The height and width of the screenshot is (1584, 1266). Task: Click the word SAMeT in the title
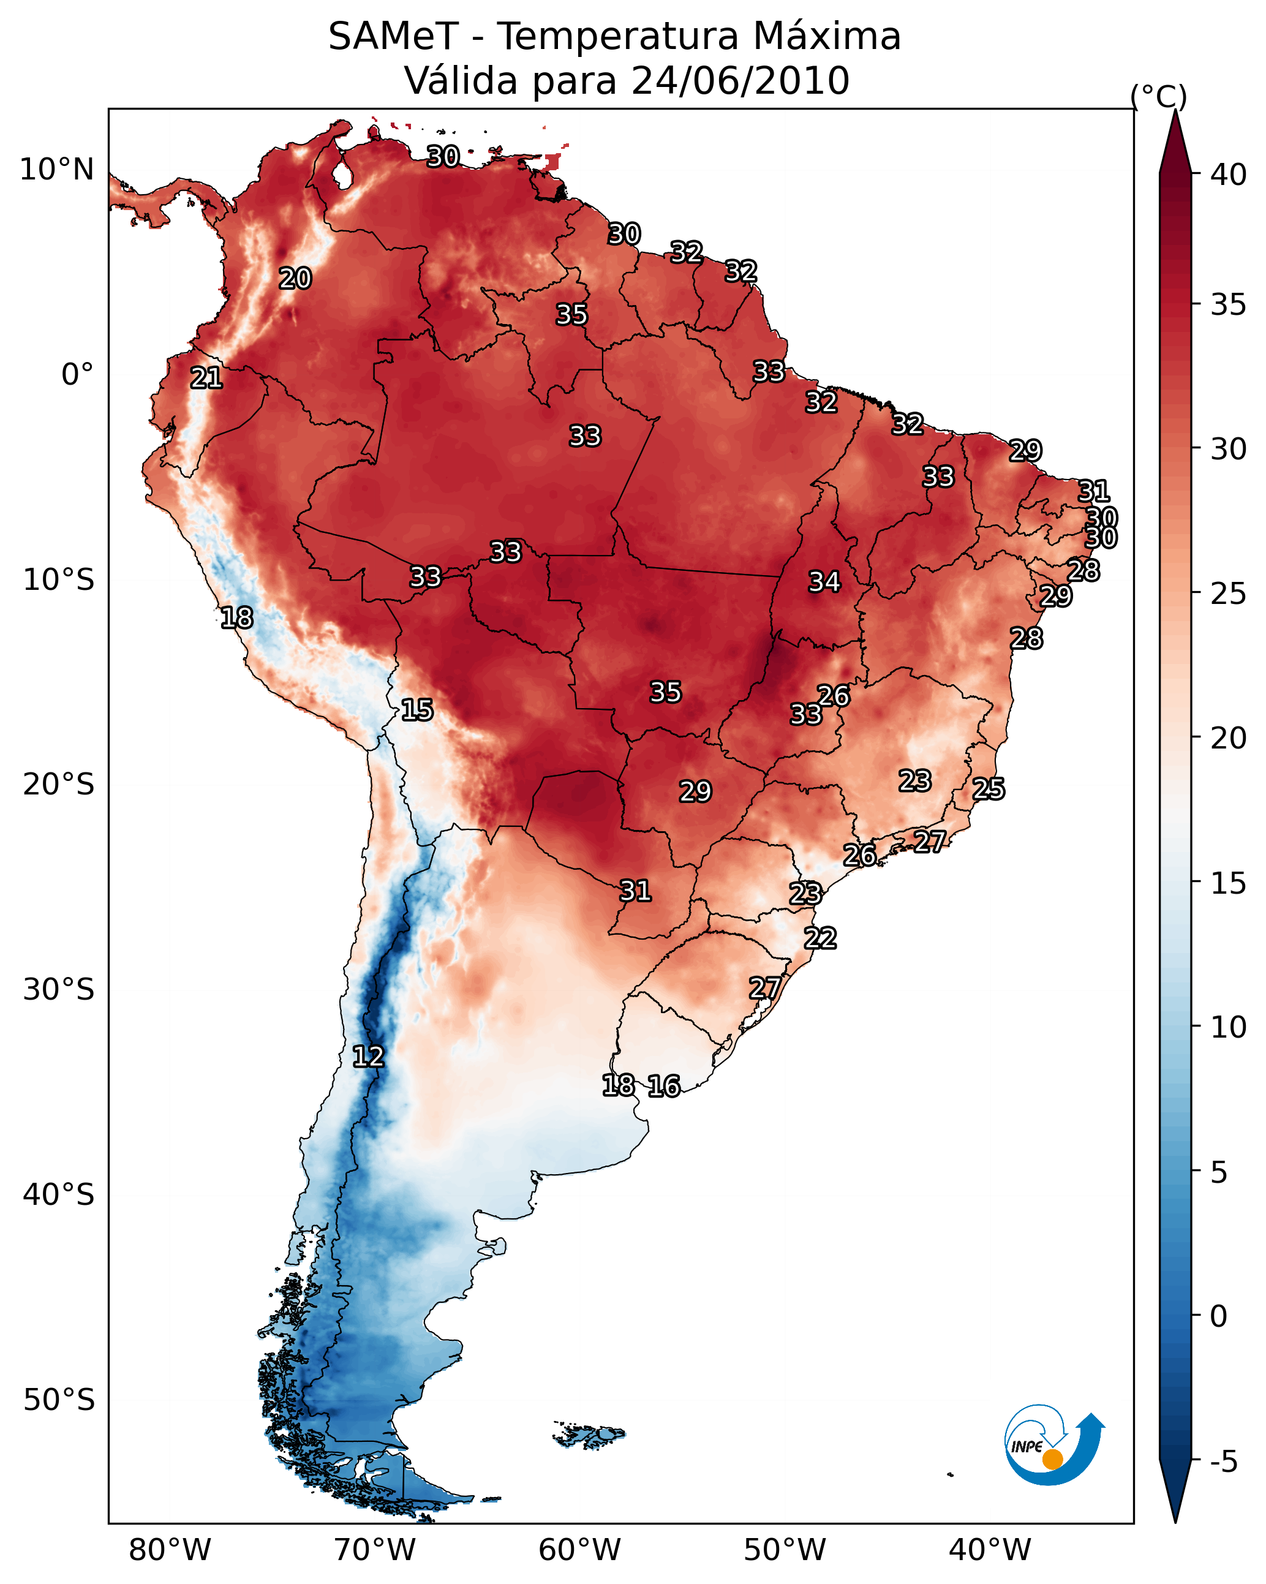(393, 37)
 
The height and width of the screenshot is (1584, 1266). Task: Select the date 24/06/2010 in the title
(740, 81)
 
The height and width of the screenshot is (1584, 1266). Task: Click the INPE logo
(1053, 1448)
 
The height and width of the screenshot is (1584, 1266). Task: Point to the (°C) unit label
(1158, 96)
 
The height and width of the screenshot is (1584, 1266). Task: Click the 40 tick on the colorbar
(1228, 175)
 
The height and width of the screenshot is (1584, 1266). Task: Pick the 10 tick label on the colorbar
(1228, 1028)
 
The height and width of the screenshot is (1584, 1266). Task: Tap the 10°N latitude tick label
(56, 170)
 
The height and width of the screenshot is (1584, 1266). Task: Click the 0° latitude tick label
(77, 375)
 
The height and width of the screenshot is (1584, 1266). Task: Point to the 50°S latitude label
(58, 1400)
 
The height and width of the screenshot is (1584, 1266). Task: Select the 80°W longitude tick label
(170, 1550)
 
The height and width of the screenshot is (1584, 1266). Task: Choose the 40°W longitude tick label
(990, 1550)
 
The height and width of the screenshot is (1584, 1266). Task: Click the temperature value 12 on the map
(368, 1057)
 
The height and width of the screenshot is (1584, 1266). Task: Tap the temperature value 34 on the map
(824, 582)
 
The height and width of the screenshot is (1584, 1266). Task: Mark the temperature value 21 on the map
(206, 379)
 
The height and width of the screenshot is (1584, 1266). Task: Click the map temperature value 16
(663, 1086)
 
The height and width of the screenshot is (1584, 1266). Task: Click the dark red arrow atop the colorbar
(1175, 143)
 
